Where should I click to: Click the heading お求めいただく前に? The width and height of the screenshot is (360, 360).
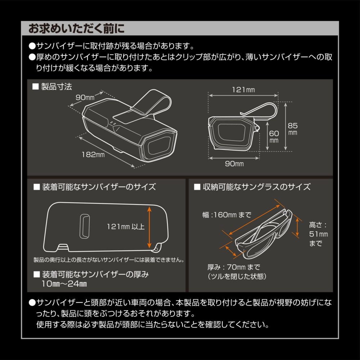pos(76,28)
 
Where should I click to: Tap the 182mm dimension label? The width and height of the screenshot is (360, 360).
pos(93,154)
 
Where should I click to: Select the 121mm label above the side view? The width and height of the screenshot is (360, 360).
pos(243,90)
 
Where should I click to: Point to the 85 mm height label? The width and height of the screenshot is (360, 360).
pos(293,129)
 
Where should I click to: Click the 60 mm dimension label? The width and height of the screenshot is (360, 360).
pos(274,136)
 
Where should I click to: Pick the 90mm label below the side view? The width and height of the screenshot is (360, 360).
pos(234,164)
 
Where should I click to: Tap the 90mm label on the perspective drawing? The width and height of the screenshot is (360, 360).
pos(85,97)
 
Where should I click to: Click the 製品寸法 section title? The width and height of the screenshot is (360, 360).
pos(56,86)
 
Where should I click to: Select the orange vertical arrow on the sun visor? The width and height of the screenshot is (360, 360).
pos(149,227)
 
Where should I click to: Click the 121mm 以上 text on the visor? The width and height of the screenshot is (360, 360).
pos(126,227)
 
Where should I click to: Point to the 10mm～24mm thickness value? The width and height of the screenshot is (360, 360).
pos(64,284)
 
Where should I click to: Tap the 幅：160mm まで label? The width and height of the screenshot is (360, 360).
pos(227,215)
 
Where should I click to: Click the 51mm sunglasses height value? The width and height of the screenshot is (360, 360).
pos(319,234)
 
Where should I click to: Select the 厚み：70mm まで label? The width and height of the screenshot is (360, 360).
pos(234,267)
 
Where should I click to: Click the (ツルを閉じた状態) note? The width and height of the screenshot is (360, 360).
pos(237,276)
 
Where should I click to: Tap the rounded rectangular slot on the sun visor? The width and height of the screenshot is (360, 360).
pos(85,226)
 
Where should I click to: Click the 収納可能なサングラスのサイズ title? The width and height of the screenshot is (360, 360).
pos(256,187)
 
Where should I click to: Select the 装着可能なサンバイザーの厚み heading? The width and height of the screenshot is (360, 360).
pos(95,274)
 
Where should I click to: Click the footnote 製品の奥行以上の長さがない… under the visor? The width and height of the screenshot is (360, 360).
pos(109,260)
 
